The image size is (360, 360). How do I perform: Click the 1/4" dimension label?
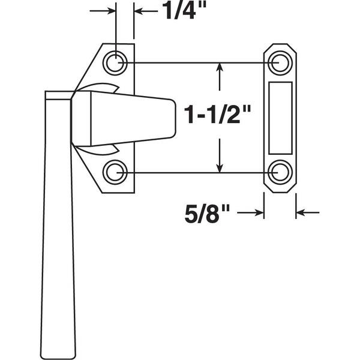184,11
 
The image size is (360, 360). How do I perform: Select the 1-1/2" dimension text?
217,115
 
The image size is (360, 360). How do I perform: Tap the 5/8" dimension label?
207,214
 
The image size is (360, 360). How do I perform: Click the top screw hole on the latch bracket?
115,62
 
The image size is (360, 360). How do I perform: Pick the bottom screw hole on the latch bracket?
115,172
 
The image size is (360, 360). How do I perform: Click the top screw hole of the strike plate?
280,62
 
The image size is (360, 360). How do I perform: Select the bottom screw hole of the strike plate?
280,172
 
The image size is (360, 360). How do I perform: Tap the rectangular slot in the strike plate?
280,118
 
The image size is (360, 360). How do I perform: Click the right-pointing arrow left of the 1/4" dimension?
103,11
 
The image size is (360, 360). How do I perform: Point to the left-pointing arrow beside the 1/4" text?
146,11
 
